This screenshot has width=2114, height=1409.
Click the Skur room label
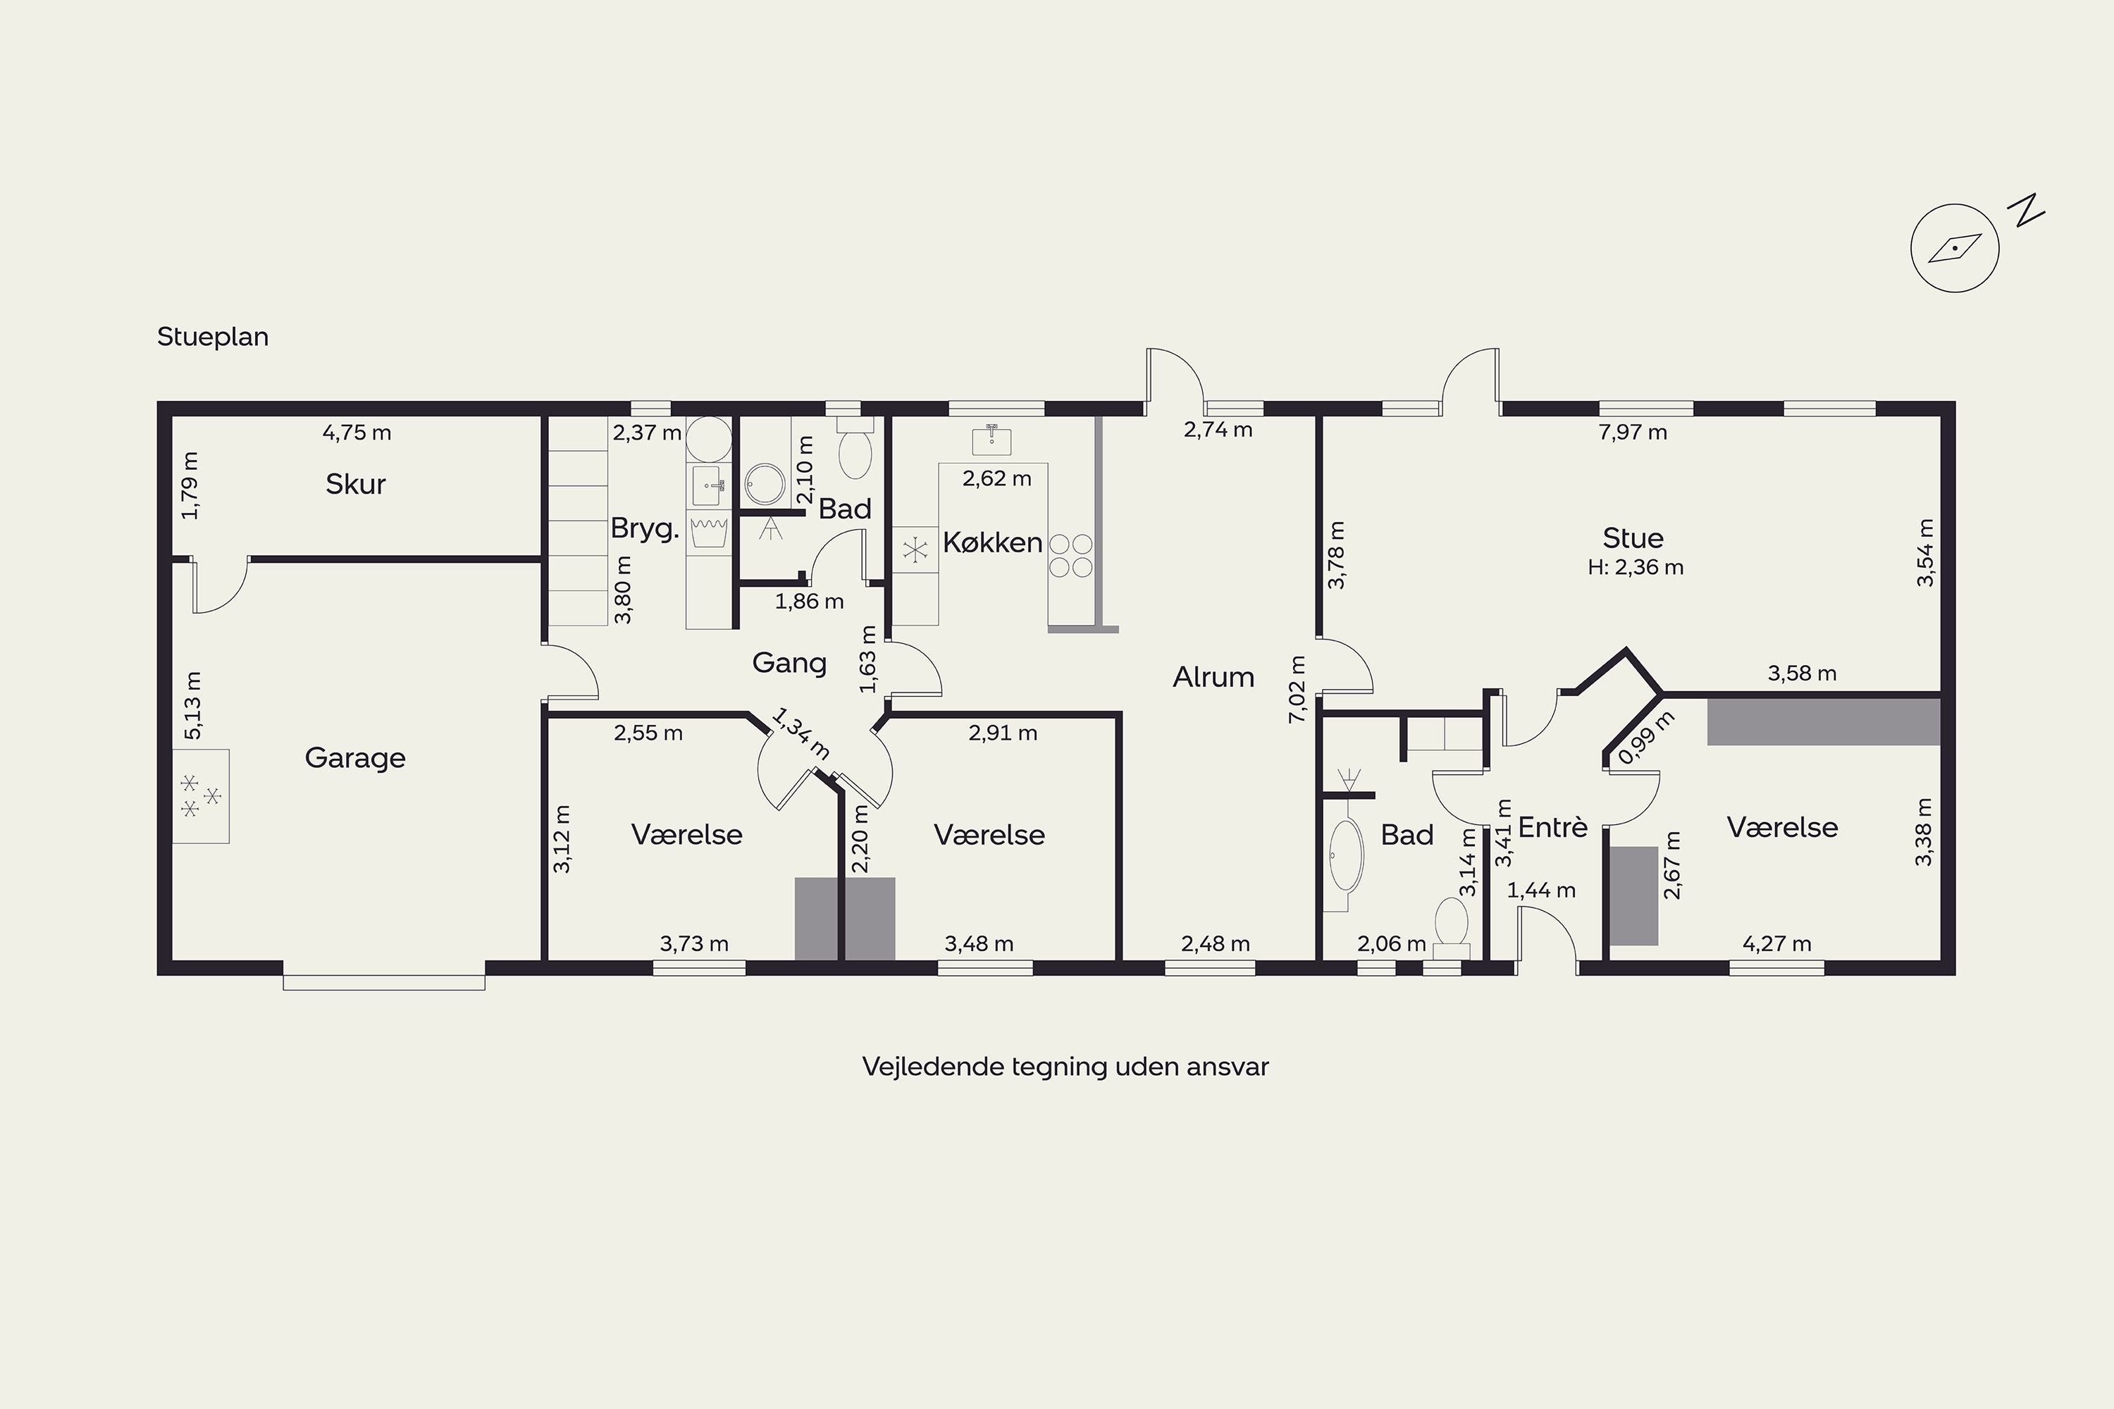pyautogui.click(x=355, y=485)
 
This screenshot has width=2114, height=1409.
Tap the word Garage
pyautogui.click(x=355, y=759)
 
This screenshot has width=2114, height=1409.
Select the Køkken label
pyautogui.click(x=992, y=542)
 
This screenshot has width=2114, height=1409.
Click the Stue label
pyautogui.click(x=1633, y=538)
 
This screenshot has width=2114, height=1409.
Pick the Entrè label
pyautogui.click(x=1553, y=826)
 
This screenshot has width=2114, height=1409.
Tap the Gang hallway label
pyautogui.click(x=789, y=663)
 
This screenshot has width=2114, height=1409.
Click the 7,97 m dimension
pyautogui.click(x=1633, y=433)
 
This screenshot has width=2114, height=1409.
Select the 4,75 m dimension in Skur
pyautogui.click(x=357, y=433)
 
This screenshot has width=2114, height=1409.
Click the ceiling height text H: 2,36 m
pyautogui.click(x=1636, y=567)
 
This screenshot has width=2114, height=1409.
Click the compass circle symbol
pyautogui.click(x=1955, y=248)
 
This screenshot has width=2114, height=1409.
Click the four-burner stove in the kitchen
pyautogui.click(x=1070, y=555)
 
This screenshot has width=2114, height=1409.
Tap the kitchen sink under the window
pyautogui.click(x=992, y=440)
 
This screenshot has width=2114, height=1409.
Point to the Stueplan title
pyautogui.click(x=213, y=337)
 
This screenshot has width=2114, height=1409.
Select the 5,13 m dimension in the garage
pyautogui.click(x=192, y=705)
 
